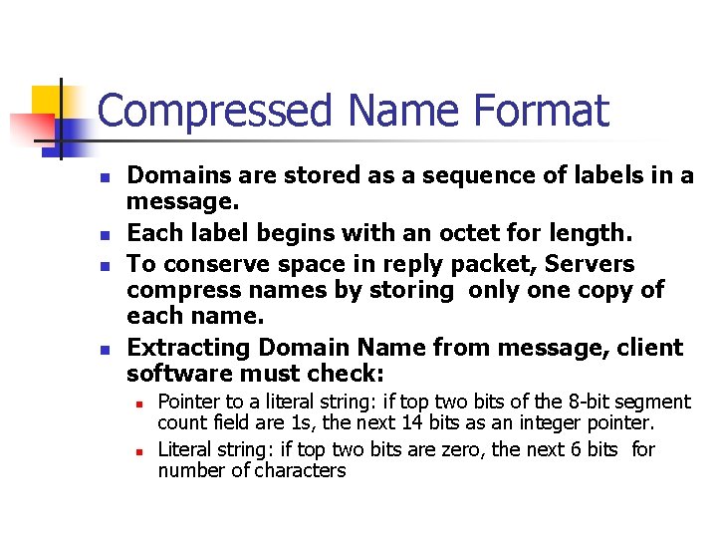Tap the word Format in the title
coord(542,111)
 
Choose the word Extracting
coord(190,348)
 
